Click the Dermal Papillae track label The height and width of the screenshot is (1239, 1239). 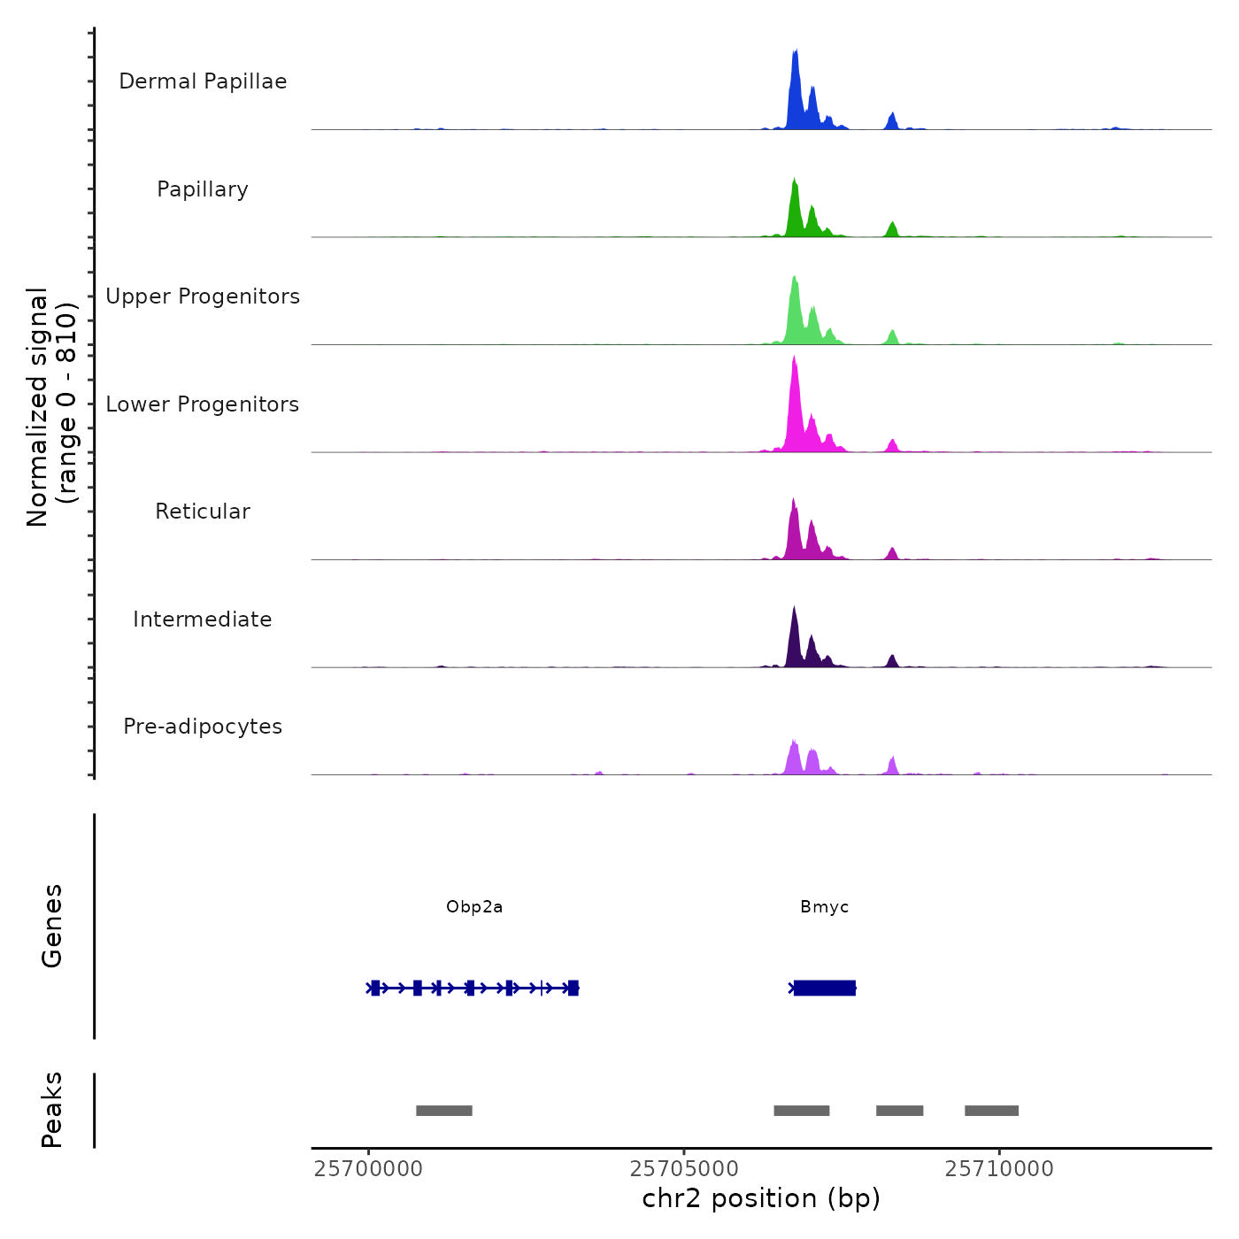203,81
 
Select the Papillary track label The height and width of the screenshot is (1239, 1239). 203,189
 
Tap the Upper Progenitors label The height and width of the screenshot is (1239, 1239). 203,296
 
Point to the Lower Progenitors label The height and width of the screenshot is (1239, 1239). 203,404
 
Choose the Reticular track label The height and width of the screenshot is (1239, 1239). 203,512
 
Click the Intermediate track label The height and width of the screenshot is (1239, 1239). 203,619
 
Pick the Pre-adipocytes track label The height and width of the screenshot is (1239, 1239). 203,727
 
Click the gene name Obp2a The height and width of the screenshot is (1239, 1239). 474,907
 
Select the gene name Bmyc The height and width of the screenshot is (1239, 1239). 824,907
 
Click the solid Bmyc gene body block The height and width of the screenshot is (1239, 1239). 825,988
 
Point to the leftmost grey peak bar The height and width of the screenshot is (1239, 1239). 444,1111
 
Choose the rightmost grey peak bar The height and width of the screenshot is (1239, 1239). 991,1111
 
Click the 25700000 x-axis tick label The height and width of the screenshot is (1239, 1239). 368,1169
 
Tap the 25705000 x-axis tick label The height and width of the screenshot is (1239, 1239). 684,1169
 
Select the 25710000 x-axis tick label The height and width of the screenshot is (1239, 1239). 999,1169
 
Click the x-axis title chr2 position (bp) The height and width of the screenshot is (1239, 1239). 761,1198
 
